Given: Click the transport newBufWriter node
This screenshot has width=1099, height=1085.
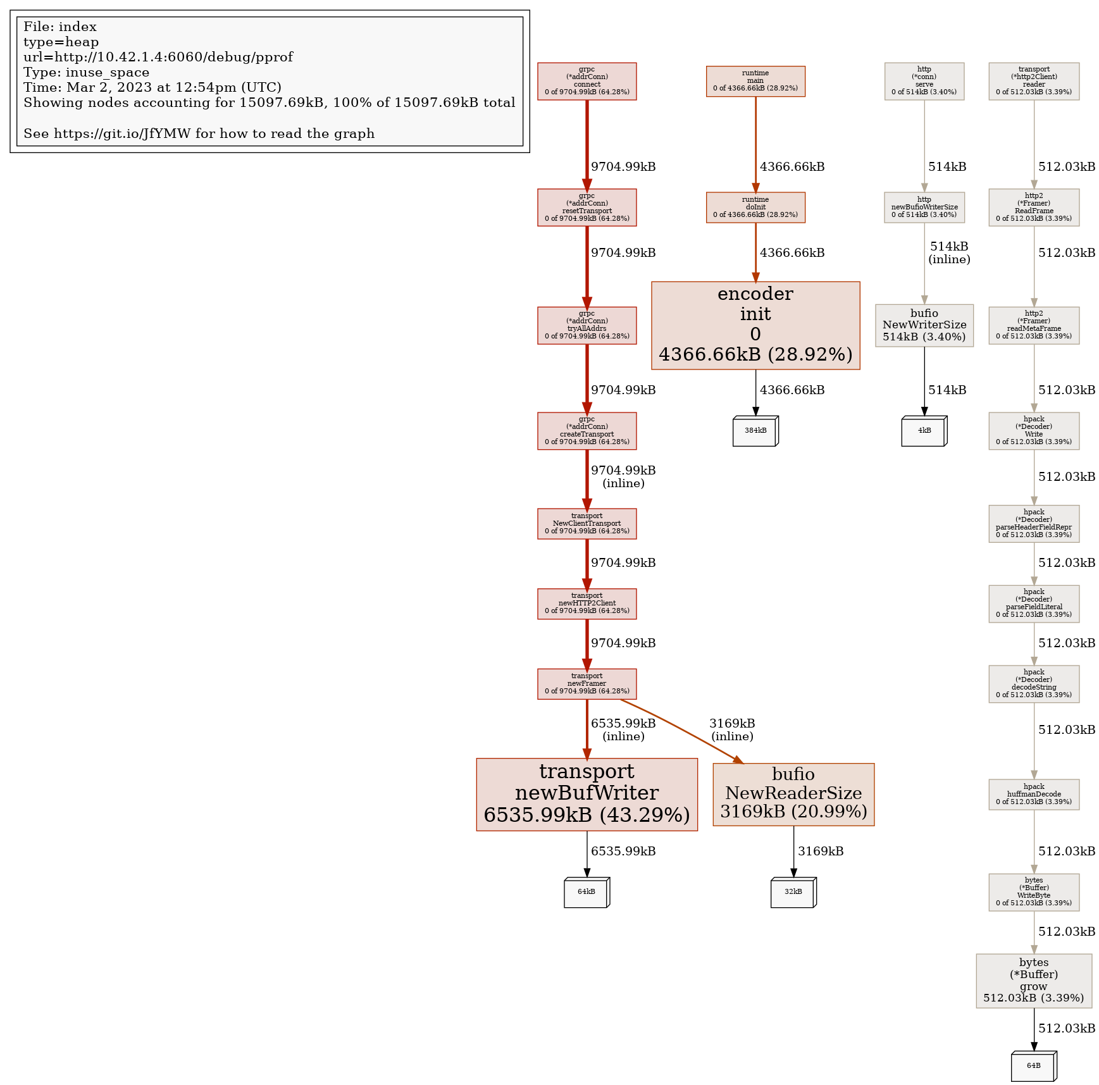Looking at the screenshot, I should pyautogui.click(x=587, y=793).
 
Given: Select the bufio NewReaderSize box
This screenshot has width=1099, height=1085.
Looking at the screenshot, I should pyautogui.click(x=793, y=793).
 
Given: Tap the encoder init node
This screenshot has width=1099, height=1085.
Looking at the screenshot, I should pyautogui.click(x=755, y=325).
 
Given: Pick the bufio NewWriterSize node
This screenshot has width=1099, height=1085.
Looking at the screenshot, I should pyautogui.click(x=924, y=325).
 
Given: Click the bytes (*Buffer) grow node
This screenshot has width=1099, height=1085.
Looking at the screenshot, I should pyautogui.click(x=1033, y=980).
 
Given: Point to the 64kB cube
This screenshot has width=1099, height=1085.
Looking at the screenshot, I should pyautogui.click(x=586, y=892).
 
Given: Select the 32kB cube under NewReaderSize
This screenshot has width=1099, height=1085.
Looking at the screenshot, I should pyautogui.click(x=793, y=892).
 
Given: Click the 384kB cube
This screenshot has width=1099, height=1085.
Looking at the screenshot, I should pyautogui.click(x=755, y=431).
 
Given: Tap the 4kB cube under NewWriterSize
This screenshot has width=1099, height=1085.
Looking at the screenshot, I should pyautogui.click(x=924, y=431).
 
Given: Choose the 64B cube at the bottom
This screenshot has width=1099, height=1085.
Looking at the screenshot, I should pyautogui.click(x=1033, y=1066).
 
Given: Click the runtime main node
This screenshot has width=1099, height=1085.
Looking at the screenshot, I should pyautogui.click(x=755, y=81).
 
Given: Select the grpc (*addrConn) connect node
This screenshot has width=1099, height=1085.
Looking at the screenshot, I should pyautogui.click(x=587, y=81).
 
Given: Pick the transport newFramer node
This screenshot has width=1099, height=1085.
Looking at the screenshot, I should pyautogui.click(x=587, y=683).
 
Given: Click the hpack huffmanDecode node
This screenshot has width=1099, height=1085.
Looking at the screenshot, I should pyautogui.click(x=1033, y=794).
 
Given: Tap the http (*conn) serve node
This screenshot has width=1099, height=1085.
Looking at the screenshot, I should pyautogui.click(x=924, y=81).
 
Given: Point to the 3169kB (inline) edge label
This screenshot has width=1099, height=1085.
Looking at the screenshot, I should pyautogui.click(x=732, y=729).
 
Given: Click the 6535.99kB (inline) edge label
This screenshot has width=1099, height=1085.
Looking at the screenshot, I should pyautogui.click(x=623, y=729).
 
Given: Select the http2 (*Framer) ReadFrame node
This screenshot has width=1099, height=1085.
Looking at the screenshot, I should pyautogui.click(x=1033, y=207).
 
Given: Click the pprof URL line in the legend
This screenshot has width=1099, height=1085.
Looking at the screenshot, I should pyautogui.click(x=158, y=57).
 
